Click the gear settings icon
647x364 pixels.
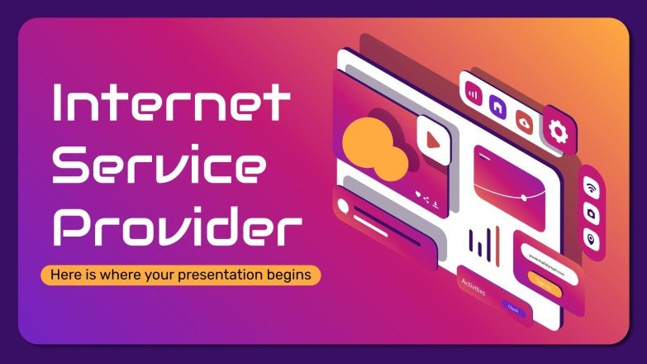(559, 129)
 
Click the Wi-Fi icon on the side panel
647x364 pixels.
(592, 187)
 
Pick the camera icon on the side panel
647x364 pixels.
(592, 212)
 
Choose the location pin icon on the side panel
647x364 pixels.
(592, 237)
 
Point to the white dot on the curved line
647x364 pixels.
(524, 199)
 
